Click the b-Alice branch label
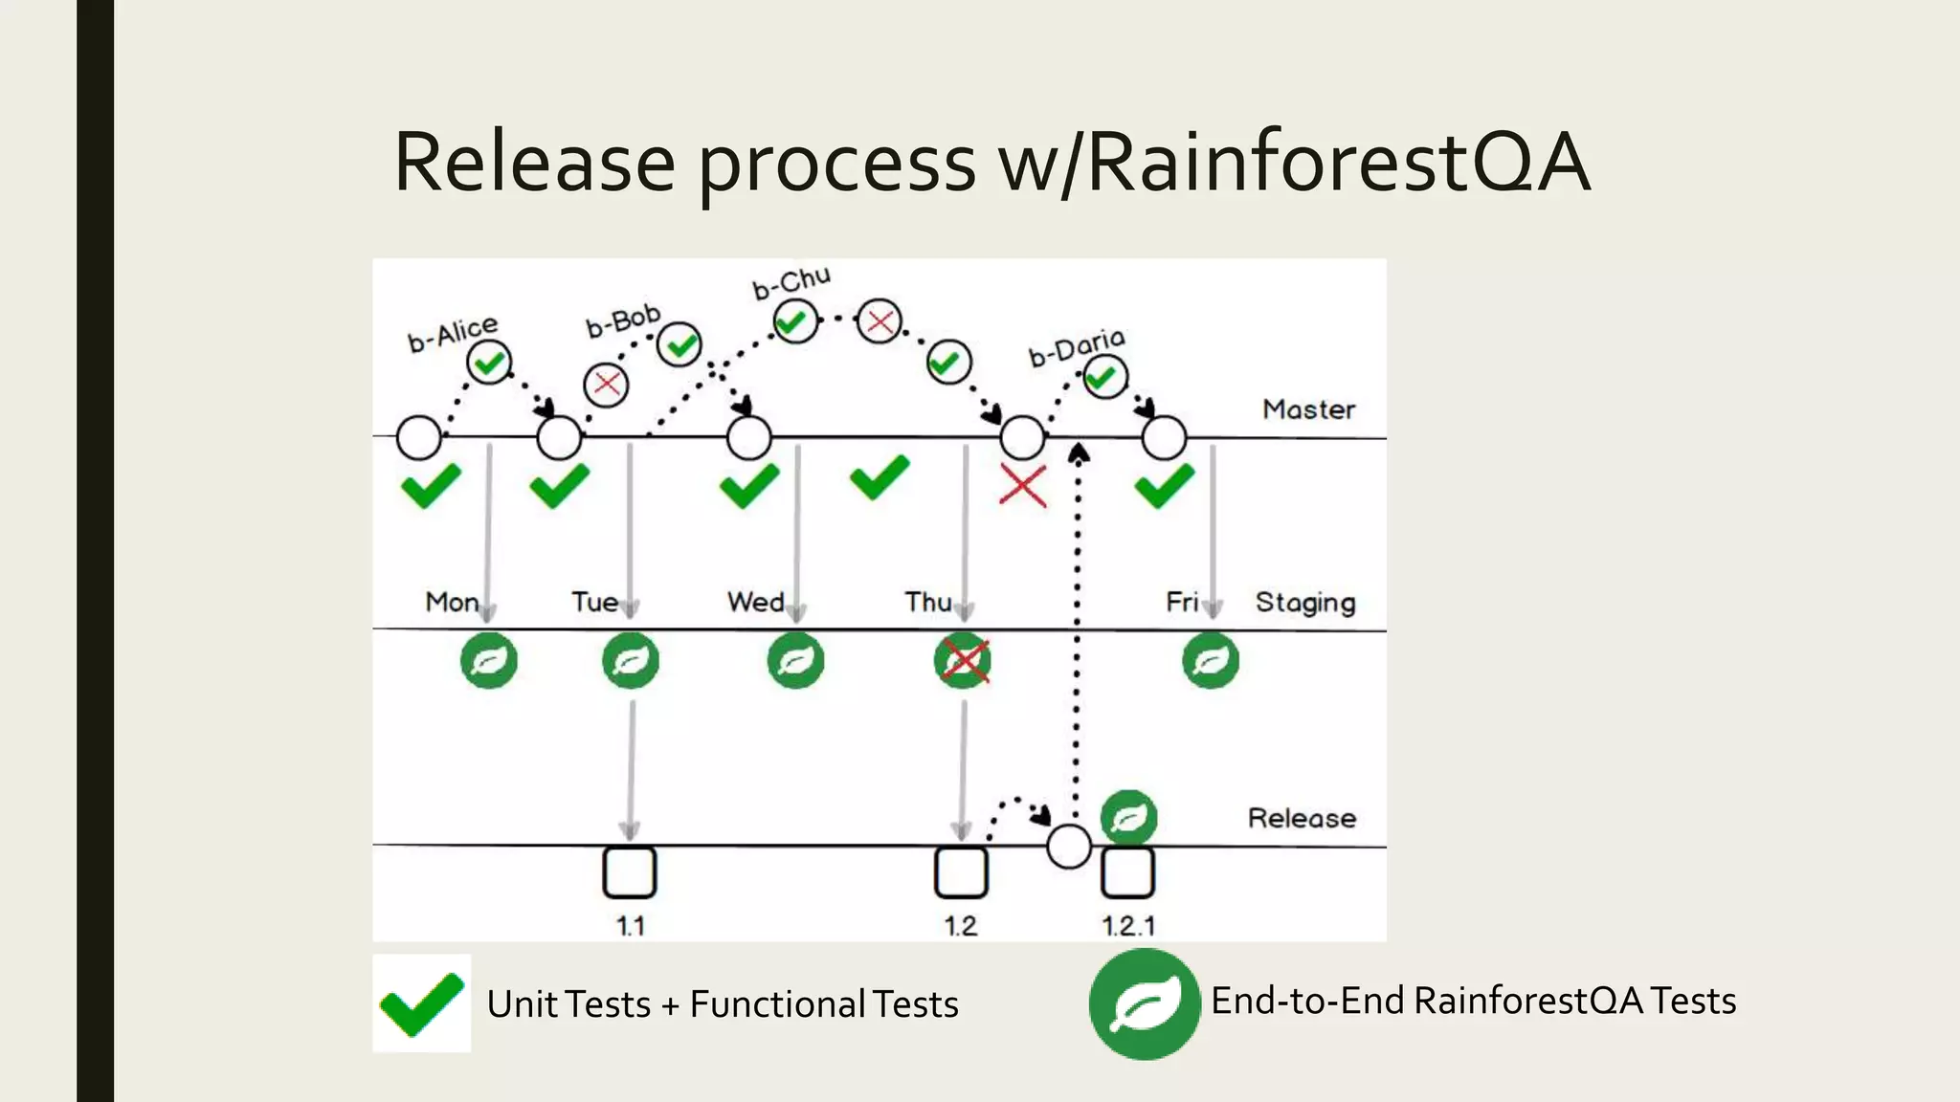point(453,333)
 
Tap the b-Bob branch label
point(623,320)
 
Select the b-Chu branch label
point(791,282)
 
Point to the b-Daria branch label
point(1077,346)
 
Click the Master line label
point(1308,409)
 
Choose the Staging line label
point(1305,602)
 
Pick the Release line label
point(1302,818)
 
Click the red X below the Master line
point(1022,485)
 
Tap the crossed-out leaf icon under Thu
point(963,660)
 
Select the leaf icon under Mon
point(489,660)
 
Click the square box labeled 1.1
point(629,872)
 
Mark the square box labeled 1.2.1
point(1127,872)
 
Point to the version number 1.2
point(960,926)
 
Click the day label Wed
point(755,602)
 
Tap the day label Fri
point(1182,602)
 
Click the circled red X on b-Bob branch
point(606,386)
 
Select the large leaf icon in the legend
point(1144,1003)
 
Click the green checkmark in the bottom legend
point(421,1003)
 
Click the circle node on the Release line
point(1069,847)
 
